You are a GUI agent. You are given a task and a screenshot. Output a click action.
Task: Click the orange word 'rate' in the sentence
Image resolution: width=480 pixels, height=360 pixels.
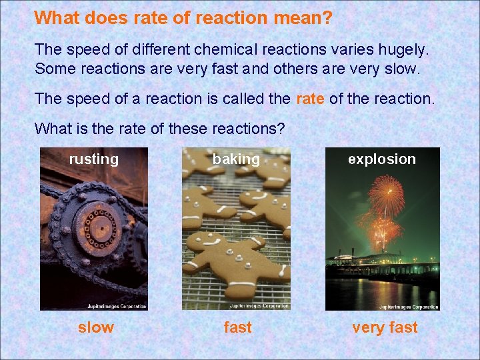(x=310, y=99)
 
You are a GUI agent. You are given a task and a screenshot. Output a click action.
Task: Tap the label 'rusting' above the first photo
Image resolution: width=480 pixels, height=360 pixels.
(x=93, y=159)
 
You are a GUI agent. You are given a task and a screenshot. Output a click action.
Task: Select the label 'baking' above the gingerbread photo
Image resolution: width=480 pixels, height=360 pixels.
(x=236, y=159)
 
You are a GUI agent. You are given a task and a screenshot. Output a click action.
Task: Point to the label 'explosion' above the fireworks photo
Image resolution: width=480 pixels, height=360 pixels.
(x=381, y=159)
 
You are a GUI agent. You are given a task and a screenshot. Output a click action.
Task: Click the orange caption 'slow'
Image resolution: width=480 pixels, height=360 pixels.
(x=96, y=327)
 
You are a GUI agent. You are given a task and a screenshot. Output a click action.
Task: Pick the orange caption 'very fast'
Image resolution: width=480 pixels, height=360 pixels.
(x=385, y=327)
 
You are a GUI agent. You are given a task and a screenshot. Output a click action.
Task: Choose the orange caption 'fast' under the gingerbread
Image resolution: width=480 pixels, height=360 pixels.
(x=237, y=327)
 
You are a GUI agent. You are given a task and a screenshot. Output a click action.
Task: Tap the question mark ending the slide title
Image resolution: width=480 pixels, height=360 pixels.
(x=327, y=18)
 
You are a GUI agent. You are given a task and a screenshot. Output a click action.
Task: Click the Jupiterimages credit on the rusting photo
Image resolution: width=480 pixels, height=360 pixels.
(x=117, y=307)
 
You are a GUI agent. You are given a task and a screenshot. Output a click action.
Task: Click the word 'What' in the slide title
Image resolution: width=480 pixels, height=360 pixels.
(x=55, y=18)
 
